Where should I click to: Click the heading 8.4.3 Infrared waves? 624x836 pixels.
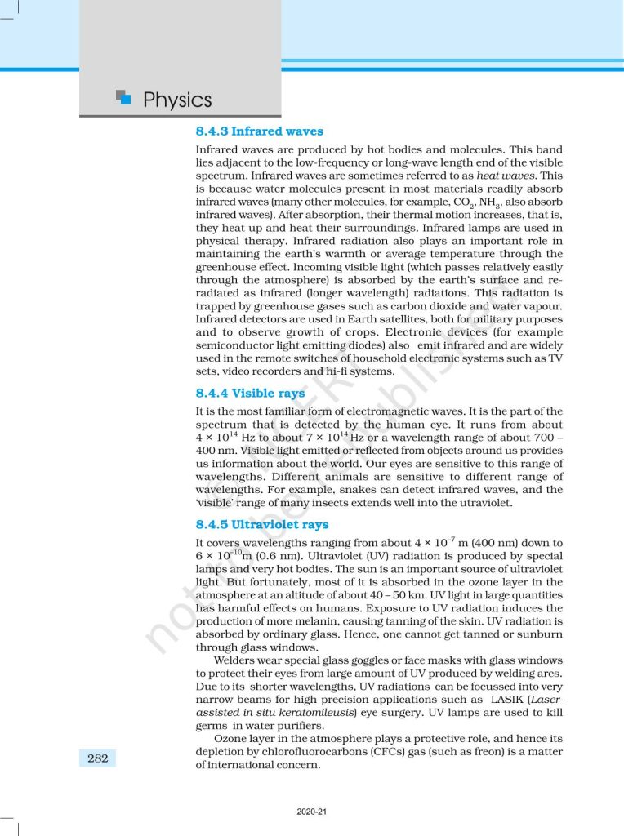tap(259, 131)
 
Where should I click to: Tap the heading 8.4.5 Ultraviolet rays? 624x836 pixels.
tap(262, 524)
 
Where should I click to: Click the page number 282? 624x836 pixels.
tap(98, 758)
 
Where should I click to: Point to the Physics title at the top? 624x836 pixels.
tap(177, 100)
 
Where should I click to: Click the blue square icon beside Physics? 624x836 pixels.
tap(123, 97)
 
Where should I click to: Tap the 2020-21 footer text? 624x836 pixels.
tap(312, 812)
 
